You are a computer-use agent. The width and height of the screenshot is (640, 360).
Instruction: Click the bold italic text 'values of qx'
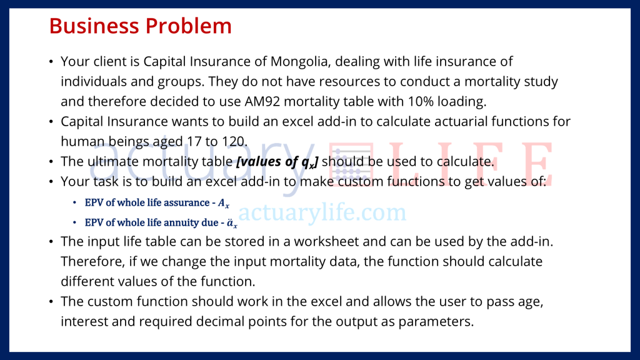[x=277, y=162]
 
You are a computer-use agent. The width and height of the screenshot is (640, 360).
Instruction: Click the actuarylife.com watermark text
[x=322, y=213]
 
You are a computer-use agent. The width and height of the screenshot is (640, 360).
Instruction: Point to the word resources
[x=363, y=81]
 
